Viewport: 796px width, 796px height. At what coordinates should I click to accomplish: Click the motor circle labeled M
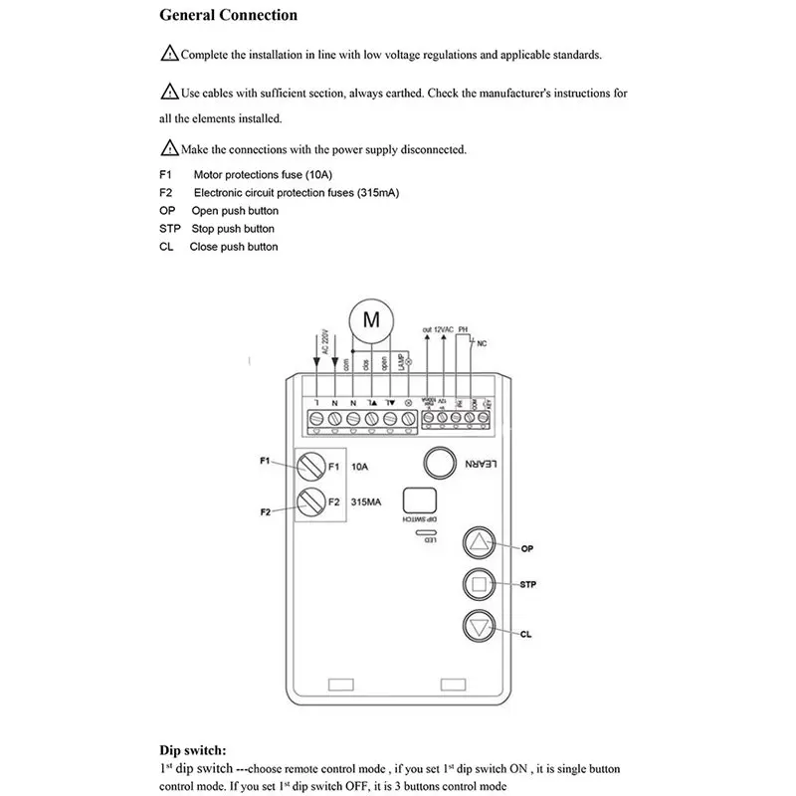pyautogui.click(x=370, y=320)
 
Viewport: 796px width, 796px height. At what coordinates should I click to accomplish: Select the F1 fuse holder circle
pyautogui.click(x=311, y=466)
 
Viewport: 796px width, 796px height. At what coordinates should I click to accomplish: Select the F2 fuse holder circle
pyautogui.click(x=311, y=501)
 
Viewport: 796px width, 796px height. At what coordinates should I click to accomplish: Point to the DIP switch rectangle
pyautogui.click(x=419, y=500)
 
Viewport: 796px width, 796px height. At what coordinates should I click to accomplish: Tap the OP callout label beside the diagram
pyautogui.click(x=528, y=547)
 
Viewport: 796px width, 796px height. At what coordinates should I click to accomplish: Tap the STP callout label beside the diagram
pyautogui.click(x=527, y=584)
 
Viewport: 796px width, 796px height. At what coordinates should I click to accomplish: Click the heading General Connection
pyautogui.click(x=228, y=16)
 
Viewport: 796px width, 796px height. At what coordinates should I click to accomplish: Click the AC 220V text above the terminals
pyautogui.click(x=324, y=341)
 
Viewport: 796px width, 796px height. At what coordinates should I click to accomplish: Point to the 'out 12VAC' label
pyautogui.click(x=439, y=328)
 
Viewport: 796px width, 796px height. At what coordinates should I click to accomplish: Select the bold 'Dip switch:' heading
pyautogui.click(x=193, y=751)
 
